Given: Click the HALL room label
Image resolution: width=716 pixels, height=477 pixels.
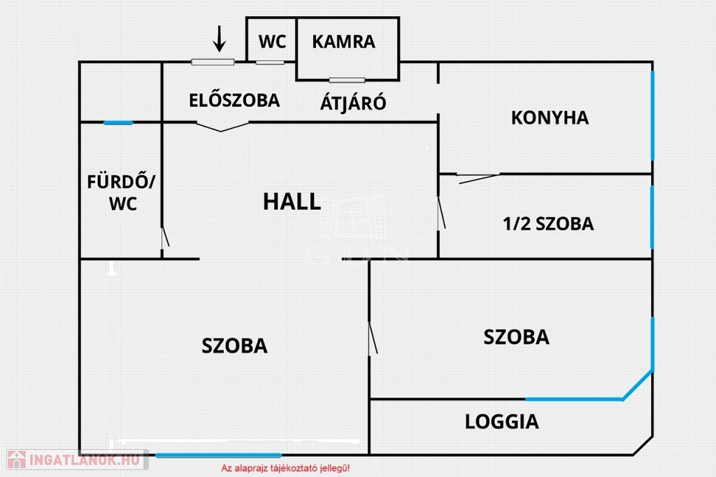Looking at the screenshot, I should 292,201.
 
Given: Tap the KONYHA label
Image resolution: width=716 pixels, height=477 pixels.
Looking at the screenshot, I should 550,118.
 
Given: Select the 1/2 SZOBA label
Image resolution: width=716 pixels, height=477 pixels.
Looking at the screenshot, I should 547,224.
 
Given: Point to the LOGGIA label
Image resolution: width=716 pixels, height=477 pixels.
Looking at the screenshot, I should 502,422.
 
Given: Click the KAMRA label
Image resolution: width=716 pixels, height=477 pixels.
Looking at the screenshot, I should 343,42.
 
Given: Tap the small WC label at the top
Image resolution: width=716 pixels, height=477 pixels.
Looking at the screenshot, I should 272,42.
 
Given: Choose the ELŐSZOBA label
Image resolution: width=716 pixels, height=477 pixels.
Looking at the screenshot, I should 234,100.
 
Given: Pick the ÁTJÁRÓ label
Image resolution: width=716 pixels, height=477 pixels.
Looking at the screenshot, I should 353,104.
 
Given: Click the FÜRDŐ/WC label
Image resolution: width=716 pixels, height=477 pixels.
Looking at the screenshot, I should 122,193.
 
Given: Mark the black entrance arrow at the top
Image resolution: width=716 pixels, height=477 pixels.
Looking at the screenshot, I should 220,39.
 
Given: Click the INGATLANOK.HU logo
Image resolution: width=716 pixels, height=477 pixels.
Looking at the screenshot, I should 76,460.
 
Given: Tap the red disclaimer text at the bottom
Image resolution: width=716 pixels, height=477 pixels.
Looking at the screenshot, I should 285,468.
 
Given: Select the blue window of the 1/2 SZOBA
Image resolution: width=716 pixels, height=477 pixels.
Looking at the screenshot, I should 652,217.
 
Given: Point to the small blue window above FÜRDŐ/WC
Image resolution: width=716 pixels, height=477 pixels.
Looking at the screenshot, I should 118,123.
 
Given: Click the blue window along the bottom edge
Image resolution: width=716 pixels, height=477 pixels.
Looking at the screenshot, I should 218,455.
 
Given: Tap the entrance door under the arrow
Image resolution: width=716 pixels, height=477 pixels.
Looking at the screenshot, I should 213,62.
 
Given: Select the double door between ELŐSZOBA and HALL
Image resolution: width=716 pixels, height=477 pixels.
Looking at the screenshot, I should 222,127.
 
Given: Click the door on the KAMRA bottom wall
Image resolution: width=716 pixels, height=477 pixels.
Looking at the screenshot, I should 347,80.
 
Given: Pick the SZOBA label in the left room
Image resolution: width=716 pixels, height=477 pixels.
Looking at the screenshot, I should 234,346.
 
